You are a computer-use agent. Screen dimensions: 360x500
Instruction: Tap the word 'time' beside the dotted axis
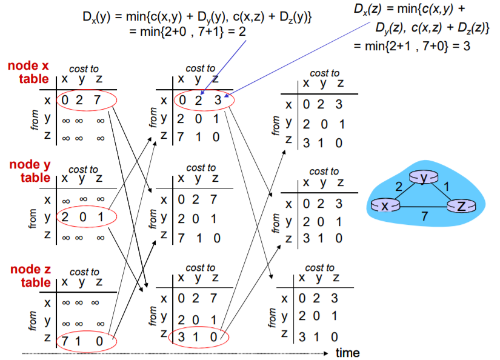347,353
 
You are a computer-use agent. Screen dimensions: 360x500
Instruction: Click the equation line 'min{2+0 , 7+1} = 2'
188,30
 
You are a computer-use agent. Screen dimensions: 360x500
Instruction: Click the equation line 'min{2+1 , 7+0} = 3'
412,46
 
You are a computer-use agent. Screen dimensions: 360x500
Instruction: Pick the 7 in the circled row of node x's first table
96,100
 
